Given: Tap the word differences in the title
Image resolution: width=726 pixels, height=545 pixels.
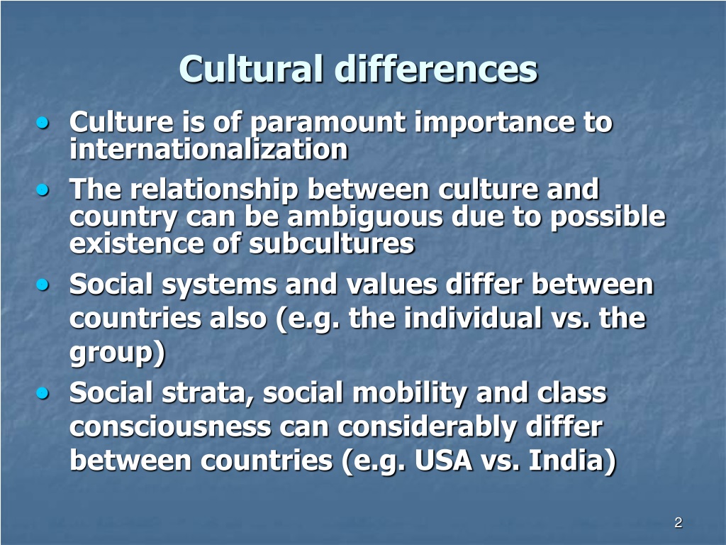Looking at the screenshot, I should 436,70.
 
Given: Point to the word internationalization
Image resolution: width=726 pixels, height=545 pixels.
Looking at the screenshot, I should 208,149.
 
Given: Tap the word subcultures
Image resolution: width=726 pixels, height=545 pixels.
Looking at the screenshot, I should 331,243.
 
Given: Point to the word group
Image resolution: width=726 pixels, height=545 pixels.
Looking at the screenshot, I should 113,353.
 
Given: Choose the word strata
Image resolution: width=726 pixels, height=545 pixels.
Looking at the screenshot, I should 213,393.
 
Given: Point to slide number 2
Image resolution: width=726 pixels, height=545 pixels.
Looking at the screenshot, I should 678,523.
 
